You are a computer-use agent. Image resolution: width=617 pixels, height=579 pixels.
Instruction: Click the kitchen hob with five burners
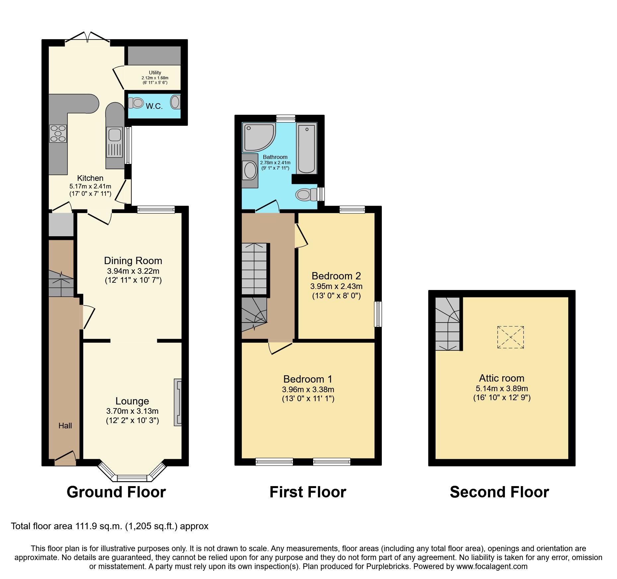[58, 133]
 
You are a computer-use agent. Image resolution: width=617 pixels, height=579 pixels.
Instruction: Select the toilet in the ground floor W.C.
[136, 103]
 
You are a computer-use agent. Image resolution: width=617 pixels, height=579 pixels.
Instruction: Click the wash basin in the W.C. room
[175, 102]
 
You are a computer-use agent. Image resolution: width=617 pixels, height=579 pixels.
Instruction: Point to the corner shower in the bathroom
[258, 137]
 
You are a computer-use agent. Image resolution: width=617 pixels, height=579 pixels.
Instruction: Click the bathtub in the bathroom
[306, 148]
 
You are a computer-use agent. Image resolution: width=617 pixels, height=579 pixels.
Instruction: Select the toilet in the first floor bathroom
[306, 194]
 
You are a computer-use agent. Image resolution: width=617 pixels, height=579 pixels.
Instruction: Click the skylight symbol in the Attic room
[511, 337]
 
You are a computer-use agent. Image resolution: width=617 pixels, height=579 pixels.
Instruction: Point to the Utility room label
[155, 73]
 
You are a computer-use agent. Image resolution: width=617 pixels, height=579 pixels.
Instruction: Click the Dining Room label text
[133, 261]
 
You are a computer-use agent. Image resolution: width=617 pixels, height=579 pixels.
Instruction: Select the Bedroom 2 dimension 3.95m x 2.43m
[336, 286]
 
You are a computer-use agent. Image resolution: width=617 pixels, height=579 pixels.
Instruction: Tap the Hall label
[65, 426]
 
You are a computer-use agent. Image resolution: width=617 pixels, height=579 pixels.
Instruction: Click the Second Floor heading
[499, 492]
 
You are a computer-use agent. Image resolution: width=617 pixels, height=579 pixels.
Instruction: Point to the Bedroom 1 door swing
[280, 348]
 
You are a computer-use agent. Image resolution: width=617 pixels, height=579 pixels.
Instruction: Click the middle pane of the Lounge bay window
[132, 478]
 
